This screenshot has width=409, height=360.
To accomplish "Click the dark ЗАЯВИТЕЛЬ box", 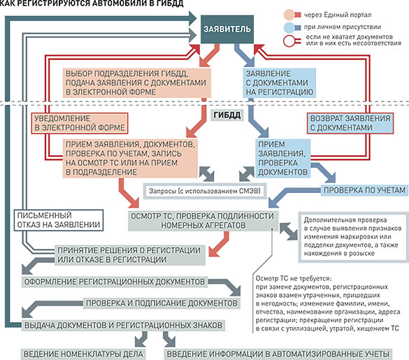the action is point(227,29).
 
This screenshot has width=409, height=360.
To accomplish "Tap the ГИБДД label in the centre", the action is point(227,115).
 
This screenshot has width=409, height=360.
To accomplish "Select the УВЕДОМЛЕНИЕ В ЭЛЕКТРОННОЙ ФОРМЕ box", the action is point(80,123).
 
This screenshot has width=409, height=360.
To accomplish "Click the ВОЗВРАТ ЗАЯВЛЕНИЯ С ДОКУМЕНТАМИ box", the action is point(350,123).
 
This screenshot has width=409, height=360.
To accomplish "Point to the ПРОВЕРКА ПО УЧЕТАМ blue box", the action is point(364,190).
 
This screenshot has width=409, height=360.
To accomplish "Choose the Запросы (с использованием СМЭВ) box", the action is point(204,191).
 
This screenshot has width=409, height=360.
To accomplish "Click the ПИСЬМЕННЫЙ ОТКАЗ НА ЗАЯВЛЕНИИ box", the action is point(59,220).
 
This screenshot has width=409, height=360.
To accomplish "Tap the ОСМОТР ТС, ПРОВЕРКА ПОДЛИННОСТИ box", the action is point(203,221).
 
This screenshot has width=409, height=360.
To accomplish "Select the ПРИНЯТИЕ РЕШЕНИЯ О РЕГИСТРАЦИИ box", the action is point(129,255).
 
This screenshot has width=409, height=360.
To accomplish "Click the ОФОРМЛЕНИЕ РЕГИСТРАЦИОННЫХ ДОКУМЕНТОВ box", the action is point(115,282).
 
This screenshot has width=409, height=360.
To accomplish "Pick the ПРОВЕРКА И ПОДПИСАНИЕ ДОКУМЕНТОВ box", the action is point(162,303).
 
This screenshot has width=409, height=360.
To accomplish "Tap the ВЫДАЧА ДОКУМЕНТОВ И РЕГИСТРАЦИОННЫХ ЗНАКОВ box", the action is point(123,325).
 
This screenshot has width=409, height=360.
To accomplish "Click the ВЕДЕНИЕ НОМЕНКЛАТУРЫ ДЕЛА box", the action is point(83,354).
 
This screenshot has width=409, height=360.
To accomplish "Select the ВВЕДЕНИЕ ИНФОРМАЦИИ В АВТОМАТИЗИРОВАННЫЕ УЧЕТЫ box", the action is point(278,354).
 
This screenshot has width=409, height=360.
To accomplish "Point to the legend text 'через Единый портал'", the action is point(338,15).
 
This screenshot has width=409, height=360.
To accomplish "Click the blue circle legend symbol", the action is point(289,27).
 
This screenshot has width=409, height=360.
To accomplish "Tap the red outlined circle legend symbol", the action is point(289,41).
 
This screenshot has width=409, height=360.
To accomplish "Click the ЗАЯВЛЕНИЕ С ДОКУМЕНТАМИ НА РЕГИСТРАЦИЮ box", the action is point(279,83).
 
